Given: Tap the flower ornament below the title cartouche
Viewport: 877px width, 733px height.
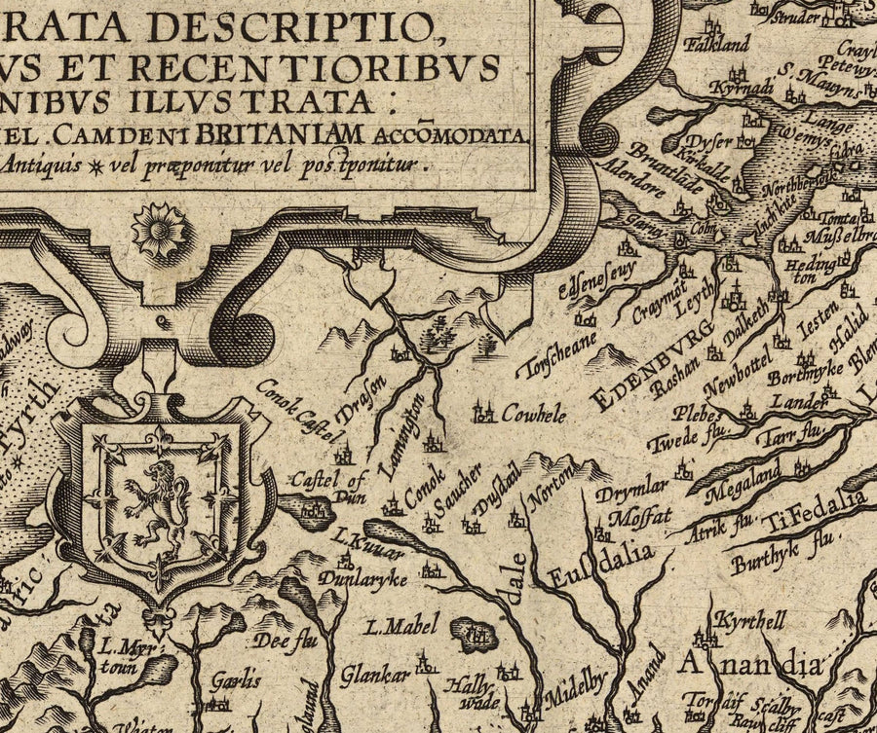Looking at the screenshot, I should [159, 229].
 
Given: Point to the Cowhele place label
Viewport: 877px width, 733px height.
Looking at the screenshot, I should [533, 415].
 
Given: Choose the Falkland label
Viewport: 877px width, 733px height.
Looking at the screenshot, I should [717, 44].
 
